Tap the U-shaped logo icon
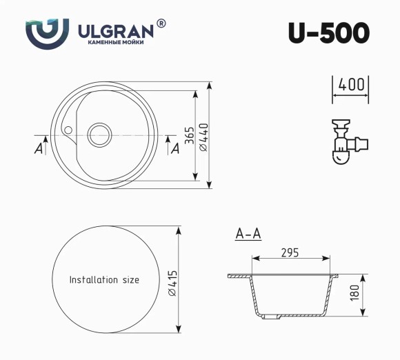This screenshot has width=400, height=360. coord(47,33)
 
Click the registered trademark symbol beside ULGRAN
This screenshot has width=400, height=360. coord(161,23)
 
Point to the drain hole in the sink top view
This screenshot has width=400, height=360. coord(99,134)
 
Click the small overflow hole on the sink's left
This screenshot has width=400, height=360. coord(68,128)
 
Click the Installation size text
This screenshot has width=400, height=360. coord(104,280)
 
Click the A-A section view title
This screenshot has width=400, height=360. coord(248,234)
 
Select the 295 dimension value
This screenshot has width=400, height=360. coord(290,252)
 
